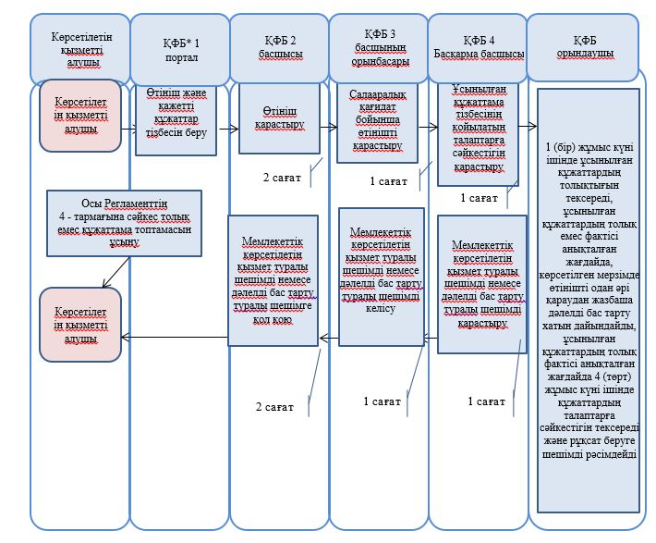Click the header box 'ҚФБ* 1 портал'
point(180,49)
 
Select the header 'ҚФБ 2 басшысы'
point(279,48)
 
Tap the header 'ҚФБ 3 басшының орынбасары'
point(379,48)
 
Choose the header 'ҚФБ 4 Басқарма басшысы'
point(478,48)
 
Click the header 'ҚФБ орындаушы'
point(583,47)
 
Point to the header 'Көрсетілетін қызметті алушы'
point(80,49)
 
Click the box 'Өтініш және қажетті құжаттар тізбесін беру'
point(176,120)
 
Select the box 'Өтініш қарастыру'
point(279,118)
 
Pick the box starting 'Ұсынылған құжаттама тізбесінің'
point(479,134)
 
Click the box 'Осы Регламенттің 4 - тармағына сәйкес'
point(124,223)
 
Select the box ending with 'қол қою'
point(273,280)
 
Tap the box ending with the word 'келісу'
point(382,277)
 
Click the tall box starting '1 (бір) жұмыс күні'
point(589,301)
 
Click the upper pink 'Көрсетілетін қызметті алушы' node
point(80,116)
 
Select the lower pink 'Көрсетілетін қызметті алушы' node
point(80,325)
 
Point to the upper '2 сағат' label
point(282,178)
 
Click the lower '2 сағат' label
point(274,407)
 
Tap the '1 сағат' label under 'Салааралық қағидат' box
point(389,181)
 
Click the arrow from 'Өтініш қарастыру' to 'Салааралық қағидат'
point(328,127)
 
